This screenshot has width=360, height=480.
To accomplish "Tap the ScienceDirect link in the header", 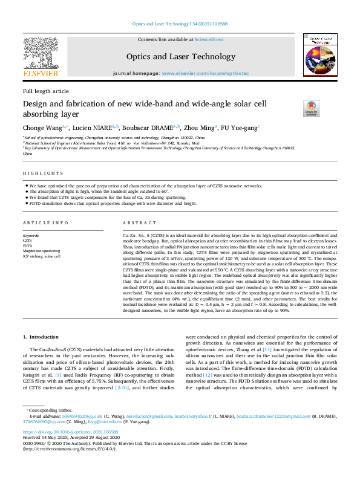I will (x=211, y=40).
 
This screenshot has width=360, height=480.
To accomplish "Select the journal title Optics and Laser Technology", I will (x=180, y=57).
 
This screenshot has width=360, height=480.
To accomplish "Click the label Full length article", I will (x=45, y=91).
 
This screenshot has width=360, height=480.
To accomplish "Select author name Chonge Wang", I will (x=41, y=128).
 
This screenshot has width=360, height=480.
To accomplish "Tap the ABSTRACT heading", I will (x=135, y=222).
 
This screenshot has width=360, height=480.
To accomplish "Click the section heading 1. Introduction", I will (x=41, y=336).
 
